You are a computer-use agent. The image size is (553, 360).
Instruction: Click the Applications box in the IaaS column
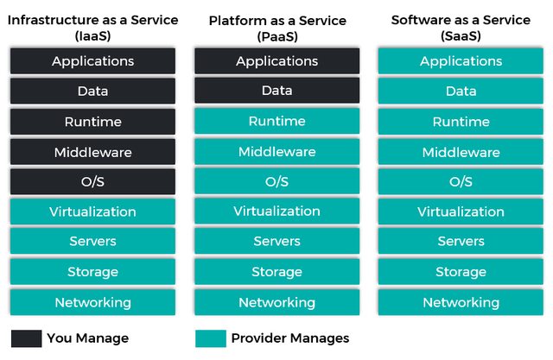coord(92,61)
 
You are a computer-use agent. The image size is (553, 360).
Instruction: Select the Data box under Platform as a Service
coord(276,91)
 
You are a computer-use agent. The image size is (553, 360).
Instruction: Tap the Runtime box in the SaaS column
coord(461,122)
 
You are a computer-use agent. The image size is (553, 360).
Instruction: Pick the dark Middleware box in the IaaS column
coord(92,152)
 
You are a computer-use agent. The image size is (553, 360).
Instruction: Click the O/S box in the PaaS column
coord(276,182)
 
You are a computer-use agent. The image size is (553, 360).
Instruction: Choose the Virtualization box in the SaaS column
coord(461,212)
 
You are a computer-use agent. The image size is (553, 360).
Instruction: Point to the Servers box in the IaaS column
coord(92,242)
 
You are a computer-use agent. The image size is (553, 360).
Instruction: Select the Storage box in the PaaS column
coord(276,272)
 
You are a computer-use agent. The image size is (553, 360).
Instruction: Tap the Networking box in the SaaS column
coord(461,302)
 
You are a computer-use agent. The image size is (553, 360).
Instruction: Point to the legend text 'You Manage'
coord(87,338)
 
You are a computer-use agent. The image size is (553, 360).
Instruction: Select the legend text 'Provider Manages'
coord(289,338)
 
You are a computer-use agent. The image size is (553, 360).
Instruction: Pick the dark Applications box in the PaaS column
coord(276,61)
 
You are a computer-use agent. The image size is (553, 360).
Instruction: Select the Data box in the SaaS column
coord(461,91)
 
